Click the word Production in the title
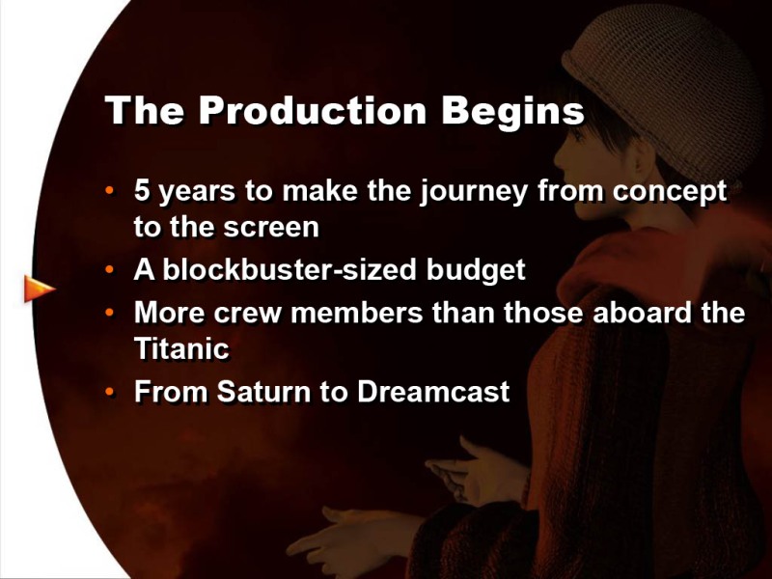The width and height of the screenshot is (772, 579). [x=313, y=110]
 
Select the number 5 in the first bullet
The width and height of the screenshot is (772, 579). [x=142, y=190]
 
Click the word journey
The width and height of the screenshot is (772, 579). [x=473, y=192]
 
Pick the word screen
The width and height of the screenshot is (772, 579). [x=271, y=228]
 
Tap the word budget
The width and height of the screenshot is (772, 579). [x=476, y=271]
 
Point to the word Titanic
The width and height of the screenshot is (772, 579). [x=181, y=348]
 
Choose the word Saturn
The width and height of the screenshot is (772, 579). [x=262, y=392]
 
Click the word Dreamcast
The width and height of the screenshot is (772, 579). [x=433, y=392]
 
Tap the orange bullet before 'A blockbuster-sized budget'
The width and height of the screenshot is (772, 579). [x=109, y=270]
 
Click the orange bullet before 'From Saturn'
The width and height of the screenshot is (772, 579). [x=109, y=393]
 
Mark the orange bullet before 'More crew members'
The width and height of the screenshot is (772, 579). [x=109, y=313]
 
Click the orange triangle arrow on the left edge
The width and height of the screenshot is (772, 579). [x=39, y=289]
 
